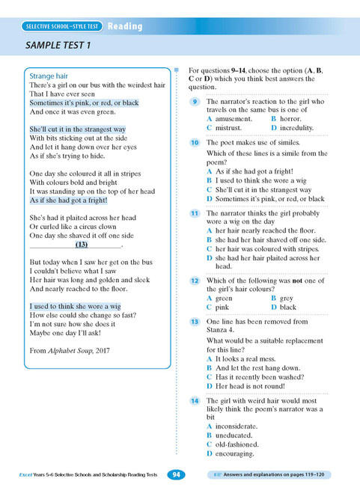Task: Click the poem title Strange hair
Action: point(49,76)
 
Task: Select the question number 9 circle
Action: point(194,101)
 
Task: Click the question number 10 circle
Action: point(194,142)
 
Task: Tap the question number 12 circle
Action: point(194,281)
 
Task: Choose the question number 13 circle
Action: point(194,322)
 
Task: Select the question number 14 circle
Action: point(194,401)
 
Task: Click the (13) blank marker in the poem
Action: point(82,245)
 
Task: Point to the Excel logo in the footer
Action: point(28,475)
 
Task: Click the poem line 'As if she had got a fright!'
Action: point(68,200)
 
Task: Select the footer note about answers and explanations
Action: point(274,475)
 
